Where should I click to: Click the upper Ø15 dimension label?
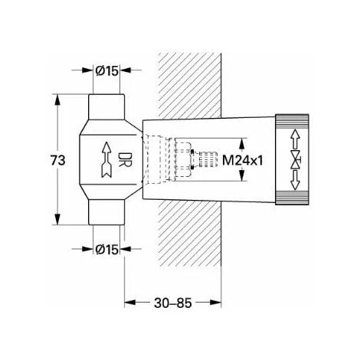click(107, 70)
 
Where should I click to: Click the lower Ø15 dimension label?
click(107, 249)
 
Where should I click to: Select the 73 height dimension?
click(58, 161)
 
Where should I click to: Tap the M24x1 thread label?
click(243, 161)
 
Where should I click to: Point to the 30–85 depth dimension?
click(173, 303)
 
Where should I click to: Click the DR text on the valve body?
click(125, 160)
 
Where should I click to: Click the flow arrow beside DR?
click(106, 160)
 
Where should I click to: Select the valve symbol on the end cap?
click(296, 160)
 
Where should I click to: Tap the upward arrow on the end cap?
click(296, 139)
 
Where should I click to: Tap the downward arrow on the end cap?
click(296, 180)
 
